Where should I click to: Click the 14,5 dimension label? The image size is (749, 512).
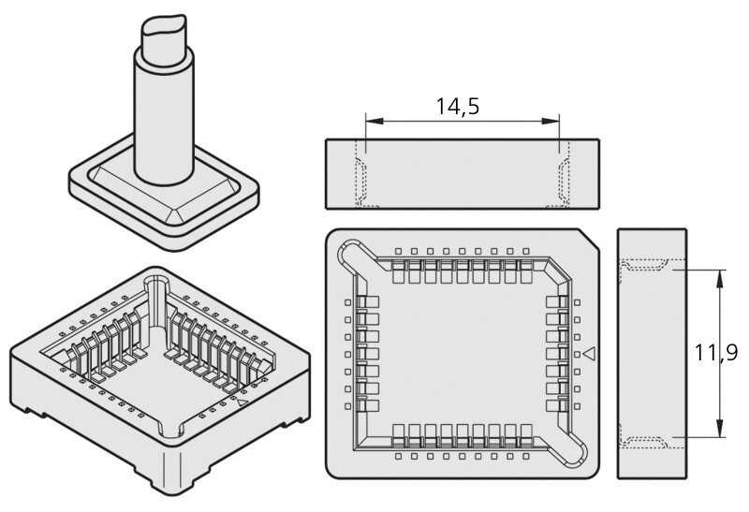[x=457, y=107]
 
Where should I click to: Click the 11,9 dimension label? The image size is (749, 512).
[x=715, y=353]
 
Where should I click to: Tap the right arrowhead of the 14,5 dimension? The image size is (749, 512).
[x=550, y=122]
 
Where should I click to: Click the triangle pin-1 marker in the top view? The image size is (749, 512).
[x=590, y=354]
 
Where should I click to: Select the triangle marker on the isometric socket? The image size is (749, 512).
[x=242, y=402]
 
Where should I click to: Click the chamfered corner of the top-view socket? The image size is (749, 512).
[x=589, y=239]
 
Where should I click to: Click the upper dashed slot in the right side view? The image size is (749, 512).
[x=644, y=265]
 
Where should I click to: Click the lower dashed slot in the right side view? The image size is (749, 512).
[x=644, y=443]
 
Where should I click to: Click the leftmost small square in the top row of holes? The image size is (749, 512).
[x=398, y=251]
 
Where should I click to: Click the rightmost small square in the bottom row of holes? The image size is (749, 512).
[x=526, y=456]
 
